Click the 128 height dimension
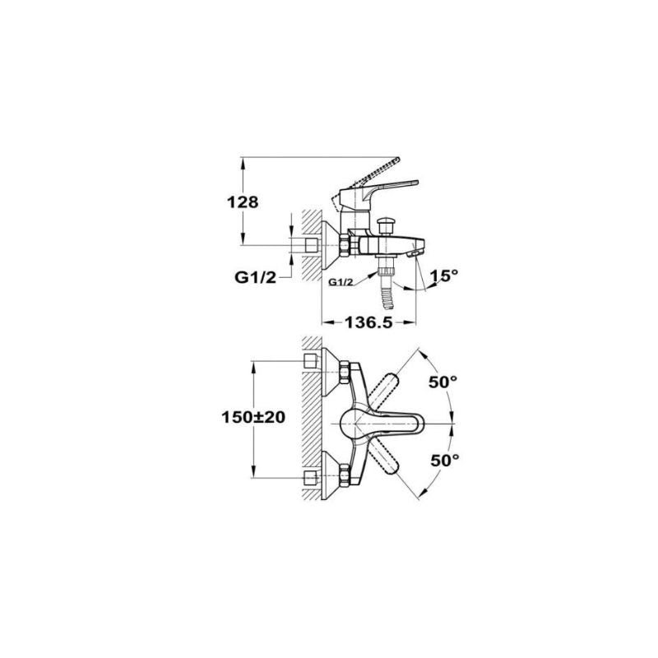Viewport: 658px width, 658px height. pyautogui.click(x=243, y=202)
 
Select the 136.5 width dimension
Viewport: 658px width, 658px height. pyautogui.click(x=368, y=322)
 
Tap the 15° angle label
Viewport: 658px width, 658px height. pyautogui.click(x=444, y=276)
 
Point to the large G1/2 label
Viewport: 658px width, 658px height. pyautogui.click(x=255, y=277)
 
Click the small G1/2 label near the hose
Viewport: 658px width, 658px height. pyautogui.click(x=341, y=282)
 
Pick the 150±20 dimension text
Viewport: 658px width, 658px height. pyautogui.click(x=253, y=417)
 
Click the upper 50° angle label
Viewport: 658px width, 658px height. pyautogui.click(x=443, y=382)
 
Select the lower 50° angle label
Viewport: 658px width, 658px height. pyautogui.click(x=445, y=461)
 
